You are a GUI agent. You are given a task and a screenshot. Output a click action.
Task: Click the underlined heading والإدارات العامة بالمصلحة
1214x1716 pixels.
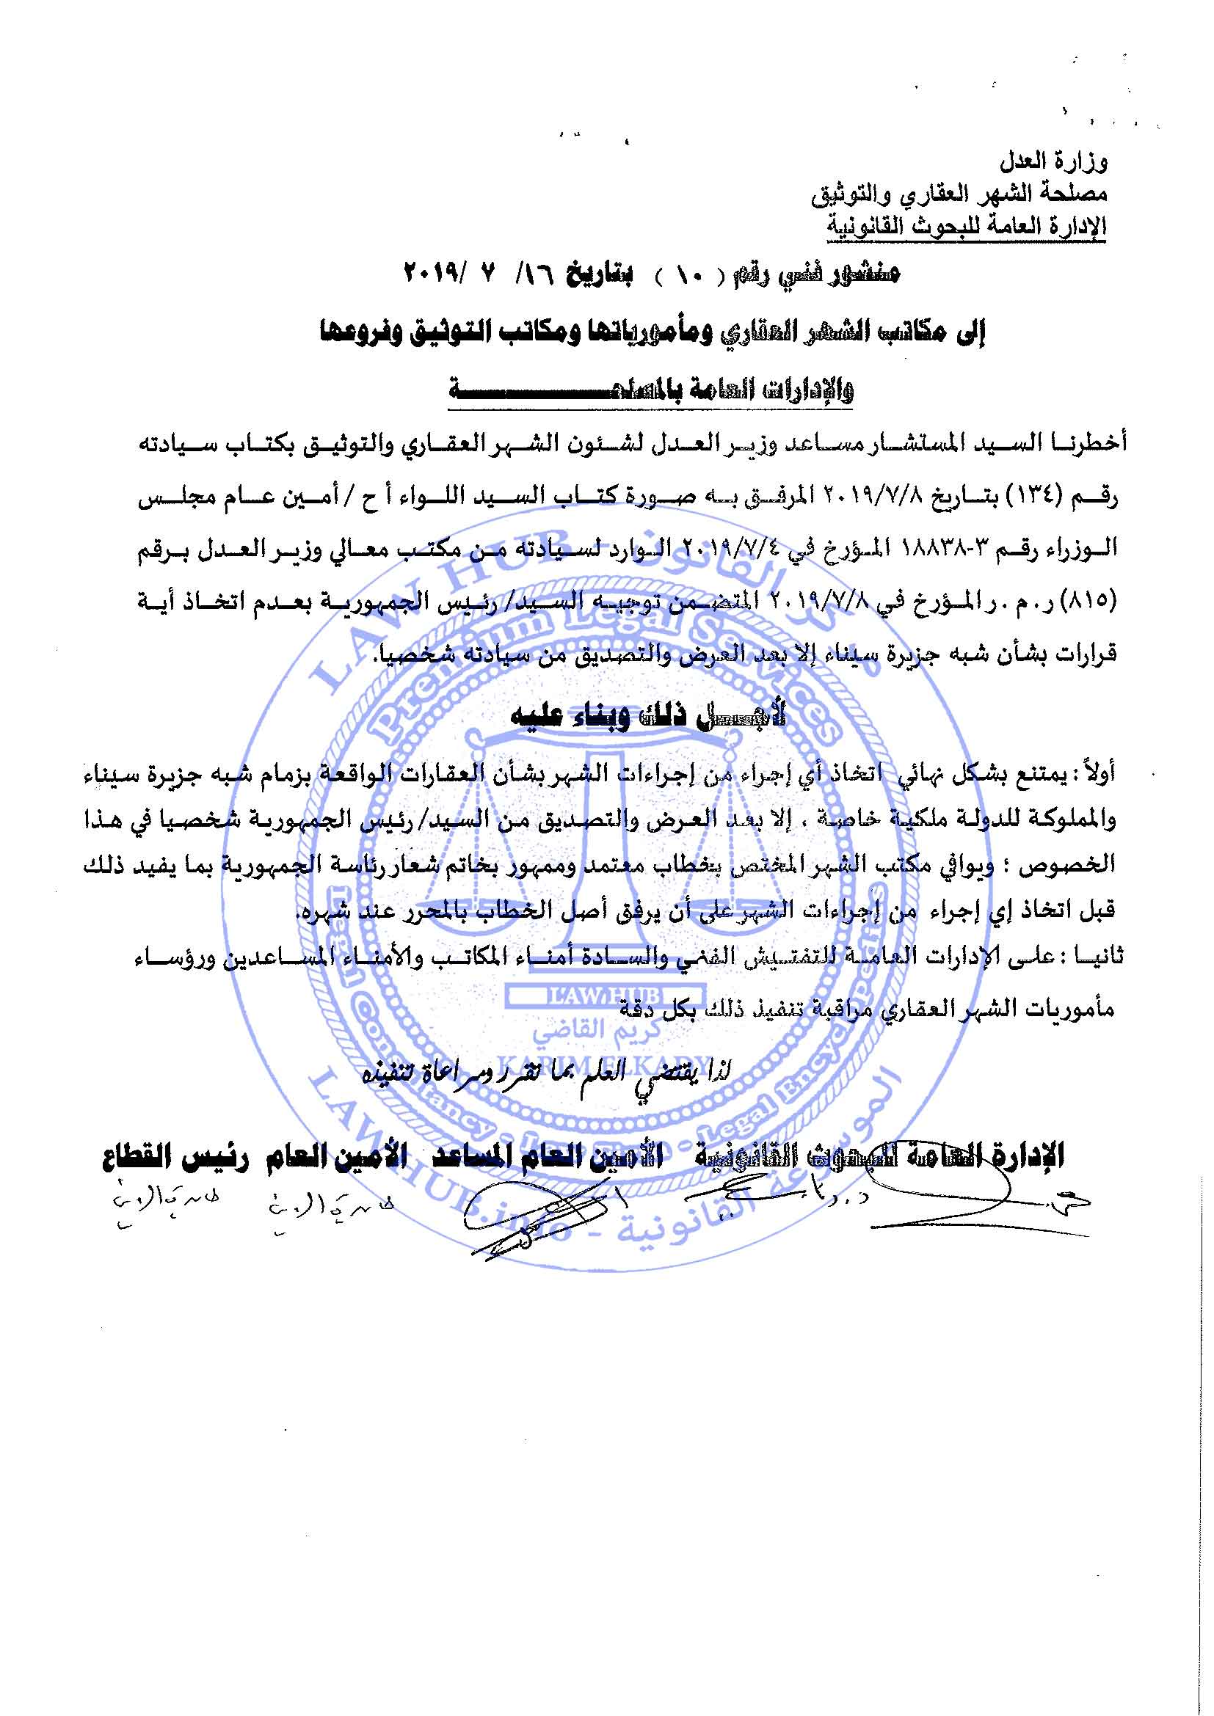coord(650,390)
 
